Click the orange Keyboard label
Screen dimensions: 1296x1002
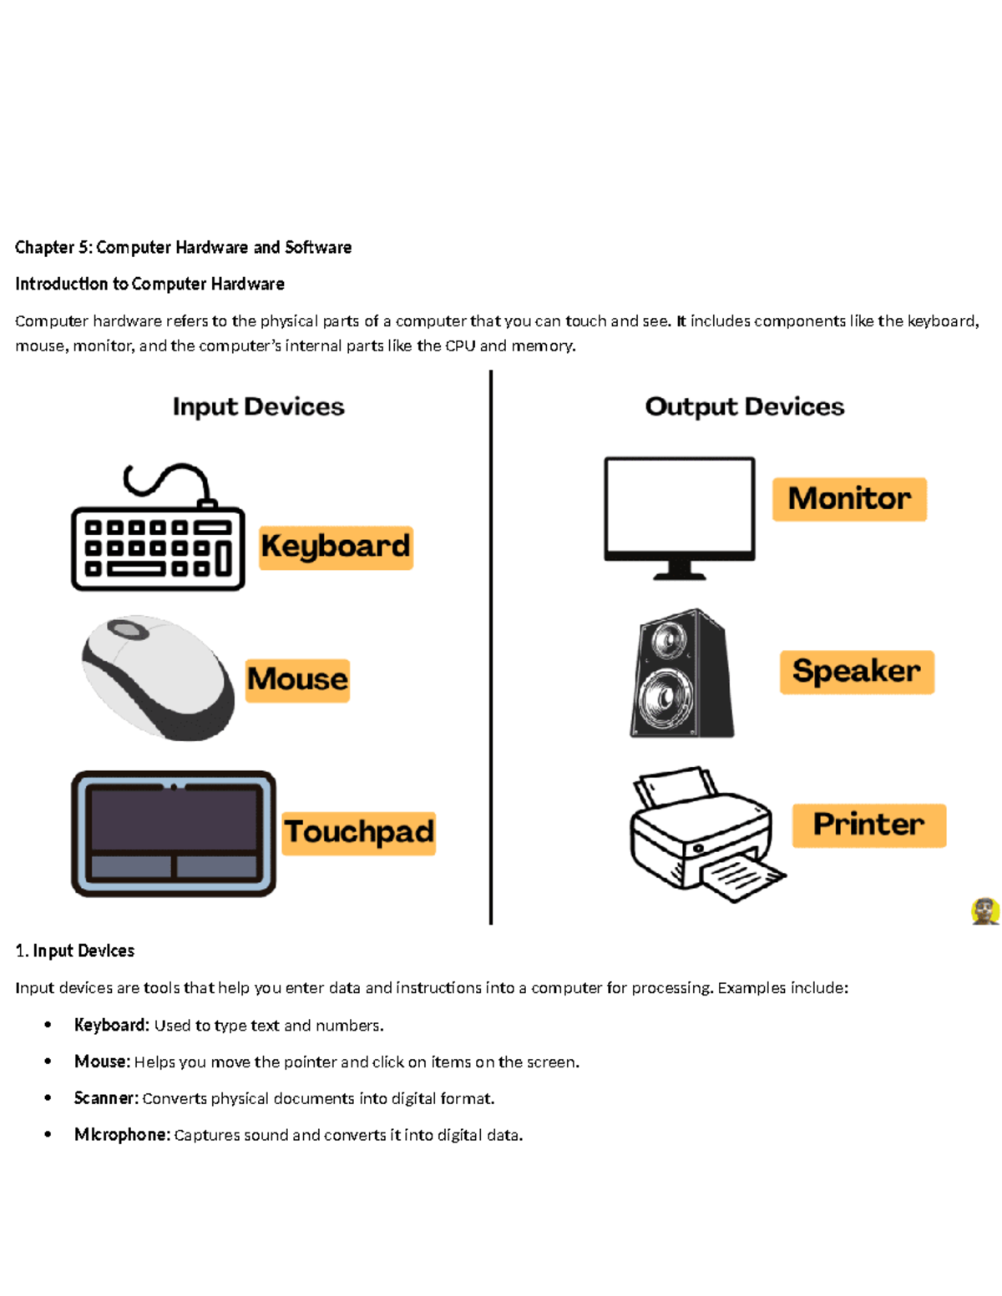(x=336, y=547)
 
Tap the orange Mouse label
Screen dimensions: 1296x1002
(x=297, y=680)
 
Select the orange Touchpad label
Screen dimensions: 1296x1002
(x=358, y=833)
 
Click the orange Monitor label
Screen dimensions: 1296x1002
(x=849, y=499)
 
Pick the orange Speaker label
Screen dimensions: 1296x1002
(x=857, y=672)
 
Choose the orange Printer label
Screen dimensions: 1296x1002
(x=868, y=825)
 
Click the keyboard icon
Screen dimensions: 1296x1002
(x=158, y=538)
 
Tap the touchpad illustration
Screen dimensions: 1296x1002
(x=173, y=833)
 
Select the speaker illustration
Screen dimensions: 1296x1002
(x=681, y=674)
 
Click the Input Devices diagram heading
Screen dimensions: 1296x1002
(x=258, y=406)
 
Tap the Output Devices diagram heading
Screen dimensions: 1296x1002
(x=744, y=406)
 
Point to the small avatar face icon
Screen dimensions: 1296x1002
(x=985, y=911)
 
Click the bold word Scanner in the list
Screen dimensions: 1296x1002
(x=105, y=1098)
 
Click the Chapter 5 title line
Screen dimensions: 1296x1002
(x=183, y=247)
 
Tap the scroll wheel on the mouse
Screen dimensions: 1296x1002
(x=129, y=629)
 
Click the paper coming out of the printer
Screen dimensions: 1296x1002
(x=741, y=879)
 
